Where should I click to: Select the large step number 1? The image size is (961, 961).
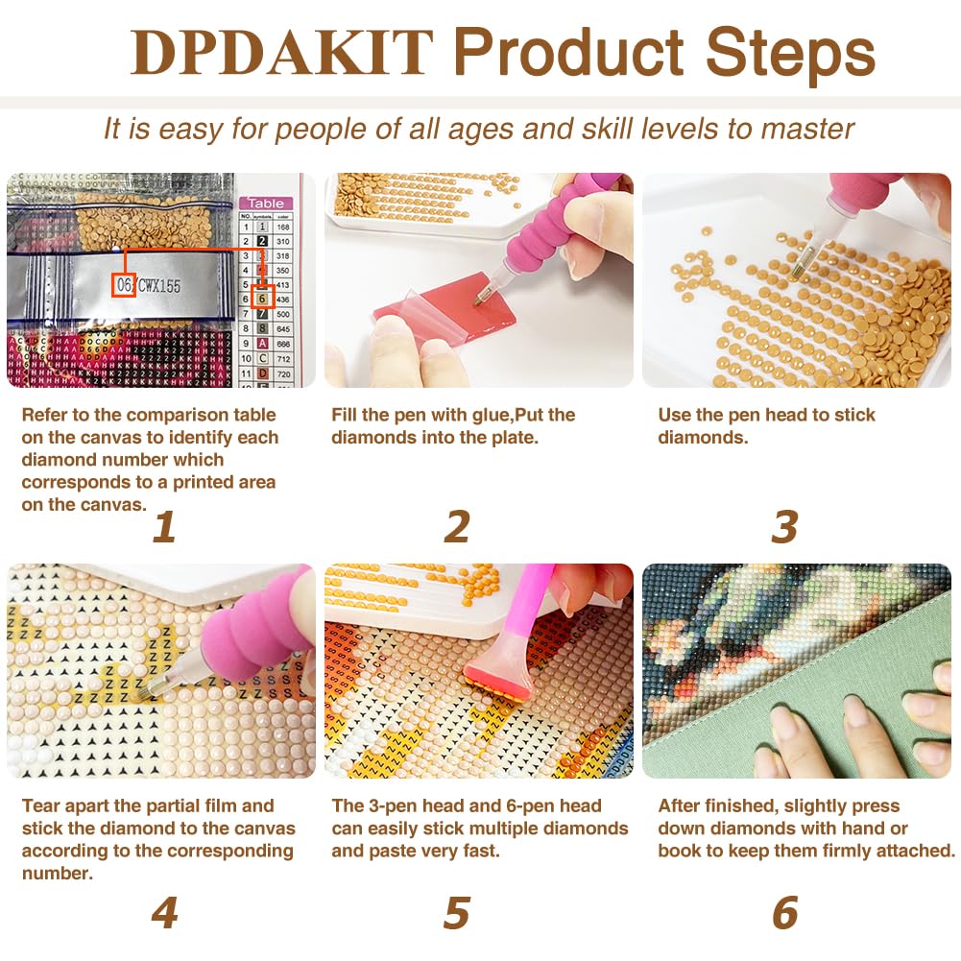tap(164, 526)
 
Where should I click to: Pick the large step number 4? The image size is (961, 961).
tap(164, 912)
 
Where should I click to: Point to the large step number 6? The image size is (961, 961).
tap(784, 912)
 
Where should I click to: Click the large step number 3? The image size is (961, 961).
tap(784, 526)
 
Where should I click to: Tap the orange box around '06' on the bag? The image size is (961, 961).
tap(122, 285)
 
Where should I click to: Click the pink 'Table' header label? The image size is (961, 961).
tap(266, 203)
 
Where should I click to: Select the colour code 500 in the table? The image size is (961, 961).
tap(282, 314)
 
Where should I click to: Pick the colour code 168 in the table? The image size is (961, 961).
tap(282, 228)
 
